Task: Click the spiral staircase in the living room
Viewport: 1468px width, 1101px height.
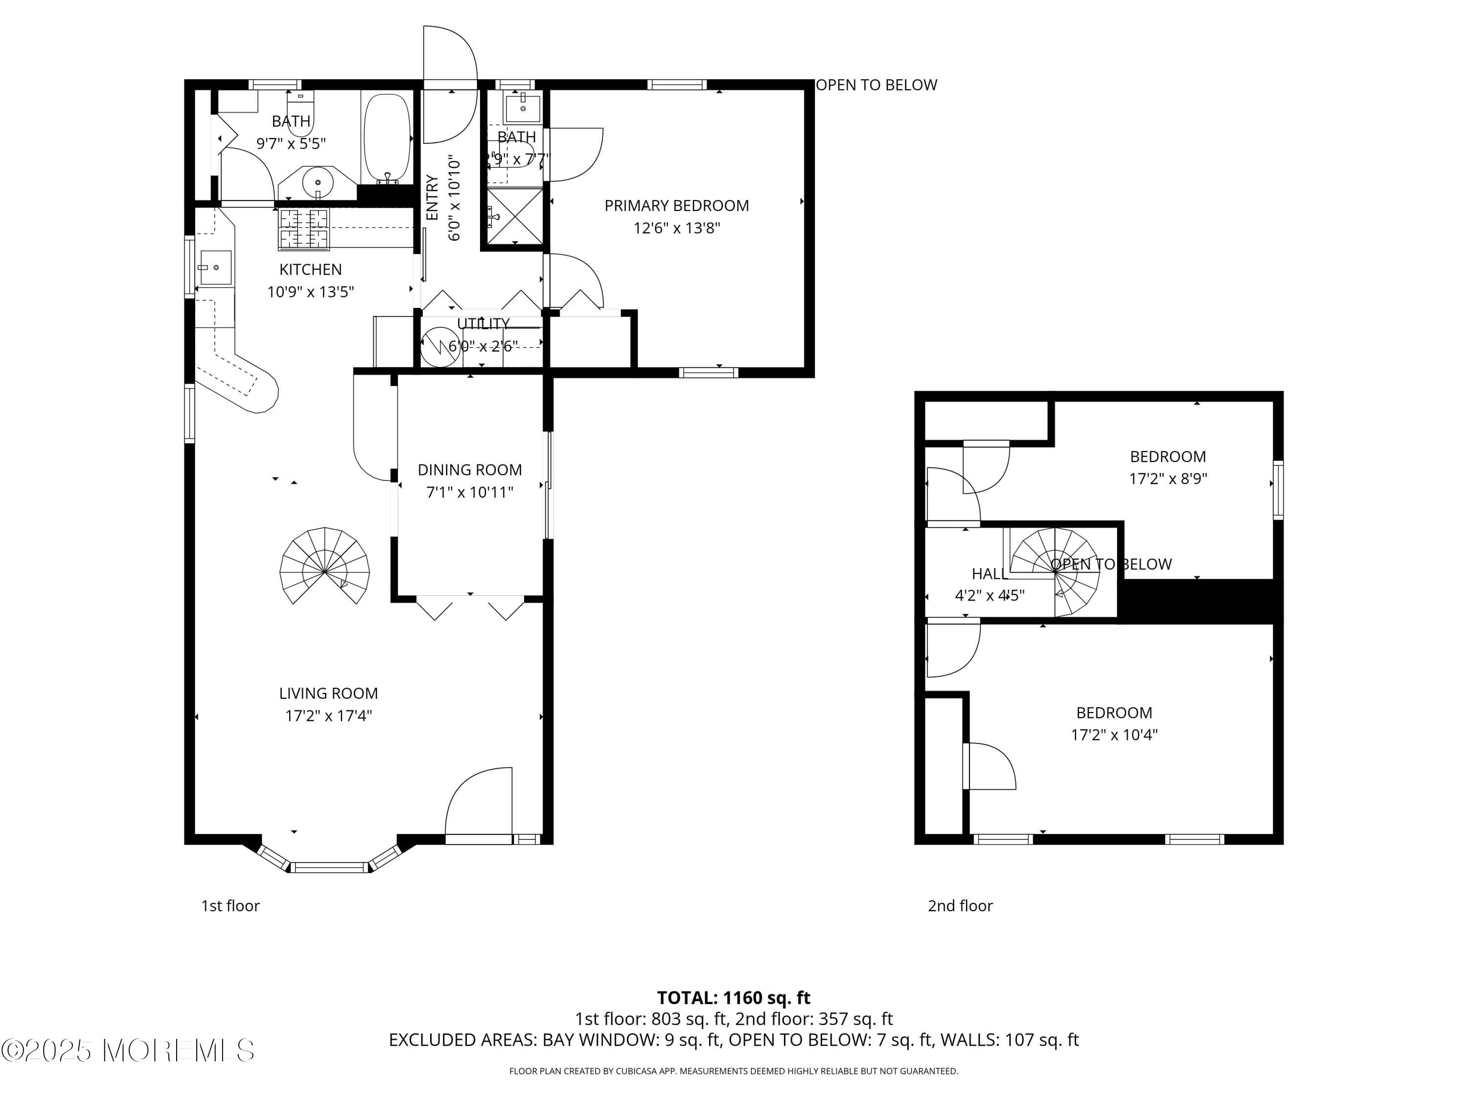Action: coord(324,568)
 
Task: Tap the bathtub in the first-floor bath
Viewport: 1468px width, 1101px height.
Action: coord(388,138)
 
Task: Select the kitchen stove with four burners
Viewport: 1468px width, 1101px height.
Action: coord(303,229)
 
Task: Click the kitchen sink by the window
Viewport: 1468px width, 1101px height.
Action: coord(215,268)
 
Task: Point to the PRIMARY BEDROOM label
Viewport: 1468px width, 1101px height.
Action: coord(676,206)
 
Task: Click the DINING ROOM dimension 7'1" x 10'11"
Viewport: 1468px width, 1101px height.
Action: coord(469,492)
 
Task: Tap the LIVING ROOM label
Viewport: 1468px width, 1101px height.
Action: coord(328,693)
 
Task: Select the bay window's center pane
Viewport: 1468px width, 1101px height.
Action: coord(330,867)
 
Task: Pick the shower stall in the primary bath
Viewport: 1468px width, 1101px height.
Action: coord(515,216)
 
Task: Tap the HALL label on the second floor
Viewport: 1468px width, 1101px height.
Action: coord(989,574)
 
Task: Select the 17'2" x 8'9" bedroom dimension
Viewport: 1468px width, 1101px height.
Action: coord(1168,479)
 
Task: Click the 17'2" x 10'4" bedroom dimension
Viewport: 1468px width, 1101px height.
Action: coord(1114,734)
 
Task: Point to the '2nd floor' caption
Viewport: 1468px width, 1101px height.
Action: coord(960,906)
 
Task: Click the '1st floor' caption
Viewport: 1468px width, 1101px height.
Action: coord(230,906)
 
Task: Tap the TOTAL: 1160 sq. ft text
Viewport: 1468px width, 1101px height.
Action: coord(734,997)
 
